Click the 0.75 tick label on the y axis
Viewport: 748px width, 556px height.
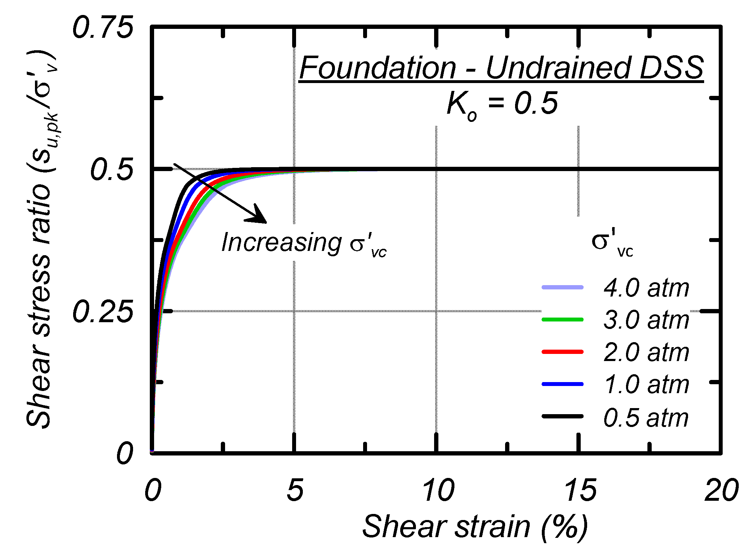tap(103, 27)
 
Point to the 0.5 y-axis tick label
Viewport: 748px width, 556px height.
tap(112, 170)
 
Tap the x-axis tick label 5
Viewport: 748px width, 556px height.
tap(295, 490)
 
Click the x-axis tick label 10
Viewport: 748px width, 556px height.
tap(438, 490)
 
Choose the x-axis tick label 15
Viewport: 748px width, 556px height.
tap(580, 490)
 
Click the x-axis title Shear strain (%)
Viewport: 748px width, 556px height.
tap(474, 527)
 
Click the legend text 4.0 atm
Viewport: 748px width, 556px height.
tap(646, 288)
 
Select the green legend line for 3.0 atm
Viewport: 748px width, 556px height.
tap(563, 319)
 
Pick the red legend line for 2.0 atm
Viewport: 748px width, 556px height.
tap(563, 352)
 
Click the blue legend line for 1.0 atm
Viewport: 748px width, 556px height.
tap(563, 384)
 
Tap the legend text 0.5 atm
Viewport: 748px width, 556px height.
tap(646, 417)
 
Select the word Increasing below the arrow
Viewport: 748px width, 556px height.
tap(281, 243)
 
